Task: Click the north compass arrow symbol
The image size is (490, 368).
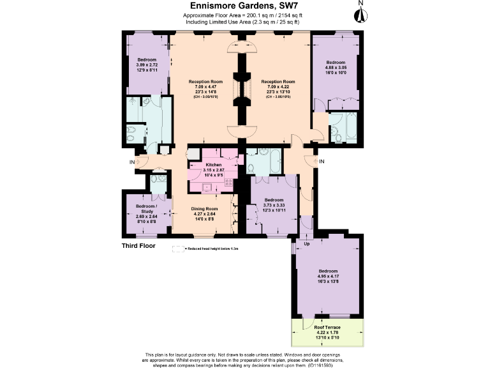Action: click(x=360, y=13)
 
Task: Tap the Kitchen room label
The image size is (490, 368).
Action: click(x=212, y=164)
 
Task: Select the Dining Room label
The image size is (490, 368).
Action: click(x=205, y=209)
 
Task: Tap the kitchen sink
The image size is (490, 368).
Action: click(x=206, y=187)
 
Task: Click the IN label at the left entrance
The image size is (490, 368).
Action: click(x=132, y=162)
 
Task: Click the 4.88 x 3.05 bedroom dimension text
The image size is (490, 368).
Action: click(x=336, y=67)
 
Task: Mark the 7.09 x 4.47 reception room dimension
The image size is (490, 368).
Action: click(x=205, y=87)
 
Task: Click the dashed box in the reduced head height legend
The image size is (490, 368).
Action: click(x=177, y=250)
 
